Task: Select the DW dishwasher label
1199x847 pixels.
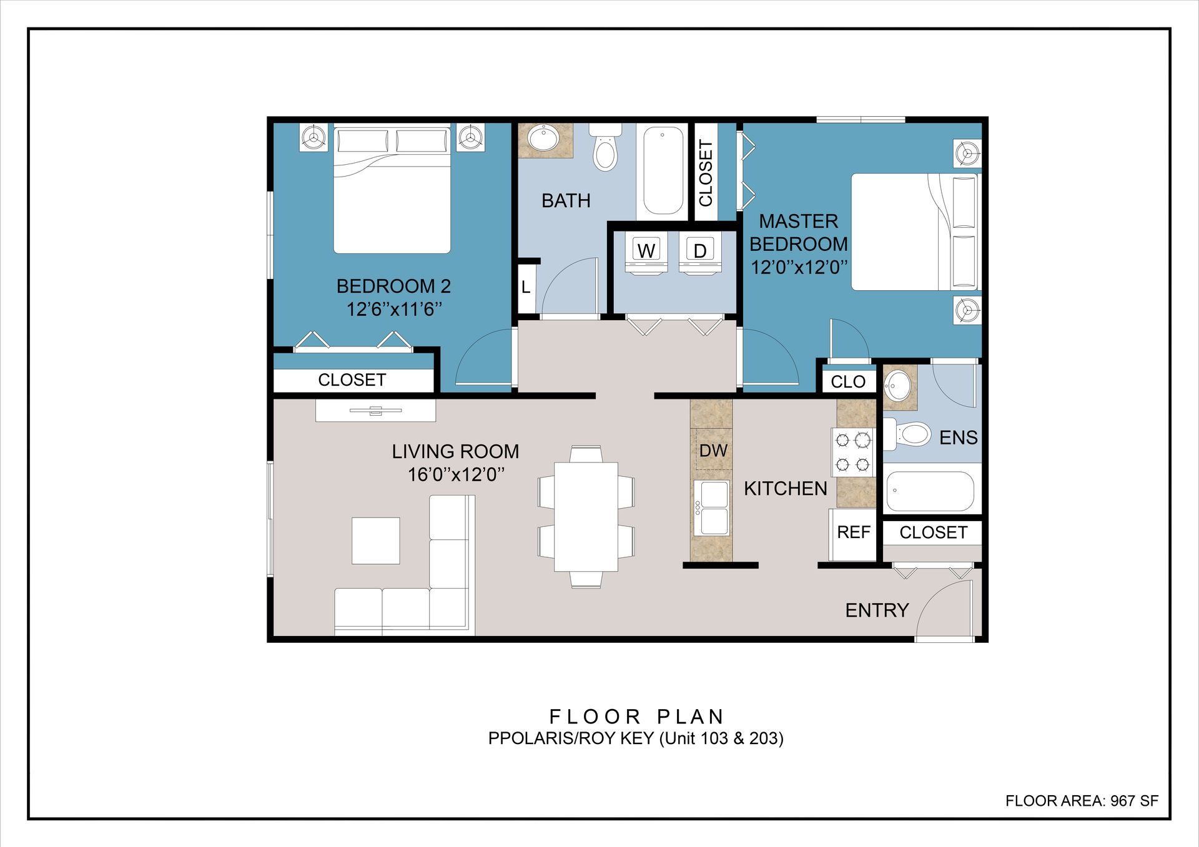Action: (x=713, y=451)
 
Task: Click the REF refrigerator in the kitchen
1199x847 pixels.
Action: (x=853, y=534)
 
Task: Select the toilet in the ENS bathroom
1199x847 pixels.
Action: (x=907, y=432)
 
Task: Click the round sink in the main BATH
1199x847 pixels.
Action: (x=543, y=139)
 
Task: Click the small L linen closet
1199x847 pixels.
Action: (x=526, y=287)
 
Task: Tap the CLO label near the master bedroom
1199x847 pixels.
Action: (x=847, y=381)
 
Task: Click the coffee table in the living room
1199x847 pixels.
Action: (x=376, y=541)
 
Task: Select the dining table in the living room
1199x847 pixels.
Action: (x=586, y=516)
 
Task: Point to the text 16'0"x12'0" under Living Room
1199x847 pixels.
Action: (x=456, y=474)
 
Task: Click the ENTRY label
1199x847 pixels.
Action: (x=877, y=610)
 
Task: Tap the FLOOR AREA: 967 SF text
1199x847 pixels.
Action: (x=1082, y=801)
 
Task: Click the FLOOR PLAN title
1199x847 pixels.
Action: (x=636, y=716)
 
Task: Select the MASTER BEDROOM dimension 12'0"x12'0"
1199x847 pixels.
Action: (x=799, y=267)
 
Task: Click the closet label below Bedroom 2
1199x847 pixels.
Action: (x=352, y=379)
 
